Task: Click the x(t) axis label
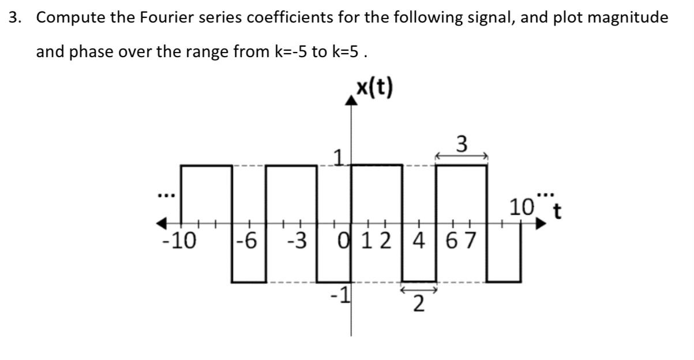374,88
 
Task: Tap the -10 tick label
179,239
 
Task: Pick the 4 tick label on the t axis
420,239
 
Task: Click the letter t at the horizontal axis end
557,213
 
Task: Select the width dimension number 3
462,142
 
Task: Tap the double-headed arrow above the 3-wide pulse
462,155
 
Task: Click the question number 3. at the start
16,17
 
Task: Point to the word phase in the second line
99,53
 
